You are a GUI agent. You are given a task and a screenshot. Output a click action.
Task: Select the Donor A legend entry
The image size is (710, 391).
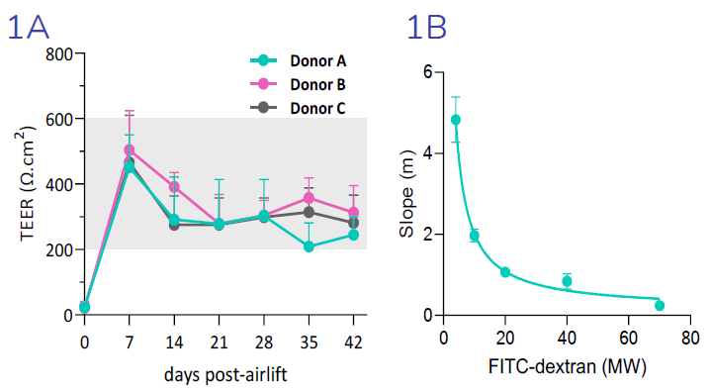click(316, 60)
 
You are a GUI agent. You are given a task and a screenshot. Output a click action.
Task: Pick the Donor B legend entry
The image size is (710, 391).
click(316, 84)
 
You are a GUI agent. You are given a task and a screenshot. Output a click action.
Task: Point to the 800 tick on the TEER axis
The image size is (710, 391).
click(58, 53)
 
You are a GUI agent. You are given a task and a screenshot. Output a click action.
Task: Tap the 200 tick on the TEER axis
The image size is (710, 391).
click(58, 249)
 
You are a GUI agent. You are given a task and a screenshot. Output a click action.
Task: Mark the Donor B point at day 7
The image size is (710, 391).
click(130, 150)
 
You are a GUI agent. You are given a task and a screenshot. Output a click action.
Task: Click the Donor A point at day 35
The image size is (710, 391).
click(310, 246)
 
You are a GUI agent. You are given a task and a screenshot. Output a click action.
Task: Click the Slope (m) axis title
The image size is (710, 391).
click(406, 194)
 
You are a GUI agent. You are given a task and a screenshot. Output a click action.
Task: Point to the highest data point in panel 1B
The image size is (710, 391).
click(456, 120)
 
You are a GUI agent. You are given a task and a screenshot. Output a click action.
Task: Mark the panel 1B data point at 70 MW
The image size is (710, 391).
click(660, 305)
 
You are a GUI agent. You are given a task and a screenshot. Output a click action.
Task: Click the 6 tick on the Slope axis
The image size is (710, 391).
click(426, 72)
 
